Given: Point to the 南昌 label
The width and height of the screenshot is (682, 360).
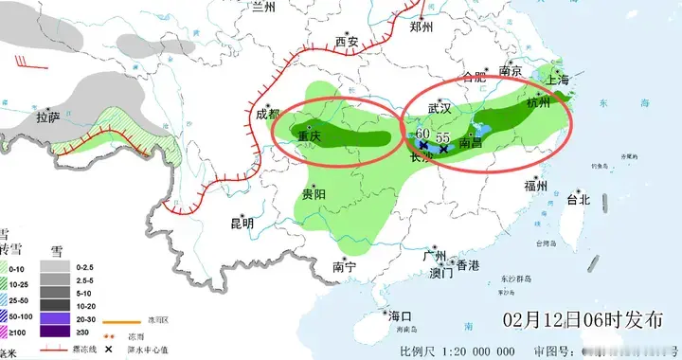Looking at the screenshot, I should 472,142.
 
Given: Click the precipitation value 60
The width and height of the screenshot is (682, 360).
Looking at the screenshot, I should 423,134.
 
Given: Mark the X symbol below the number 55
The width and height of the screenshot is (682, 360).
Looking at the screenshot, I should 443,150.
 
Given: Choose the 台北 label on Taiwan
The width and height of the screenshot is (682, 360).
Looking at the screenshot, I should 578,199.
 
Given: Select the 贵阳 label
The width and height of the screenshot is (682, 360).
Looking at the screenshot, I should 314,193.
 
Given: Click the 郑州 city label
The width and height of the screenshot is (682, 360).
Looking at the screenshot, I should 421,27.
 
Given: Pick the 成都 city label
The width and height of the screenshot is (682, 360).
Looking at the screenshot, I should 268,115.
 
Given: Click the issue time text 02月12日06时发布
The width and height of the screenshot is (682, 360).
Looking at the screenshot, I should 577,316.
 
